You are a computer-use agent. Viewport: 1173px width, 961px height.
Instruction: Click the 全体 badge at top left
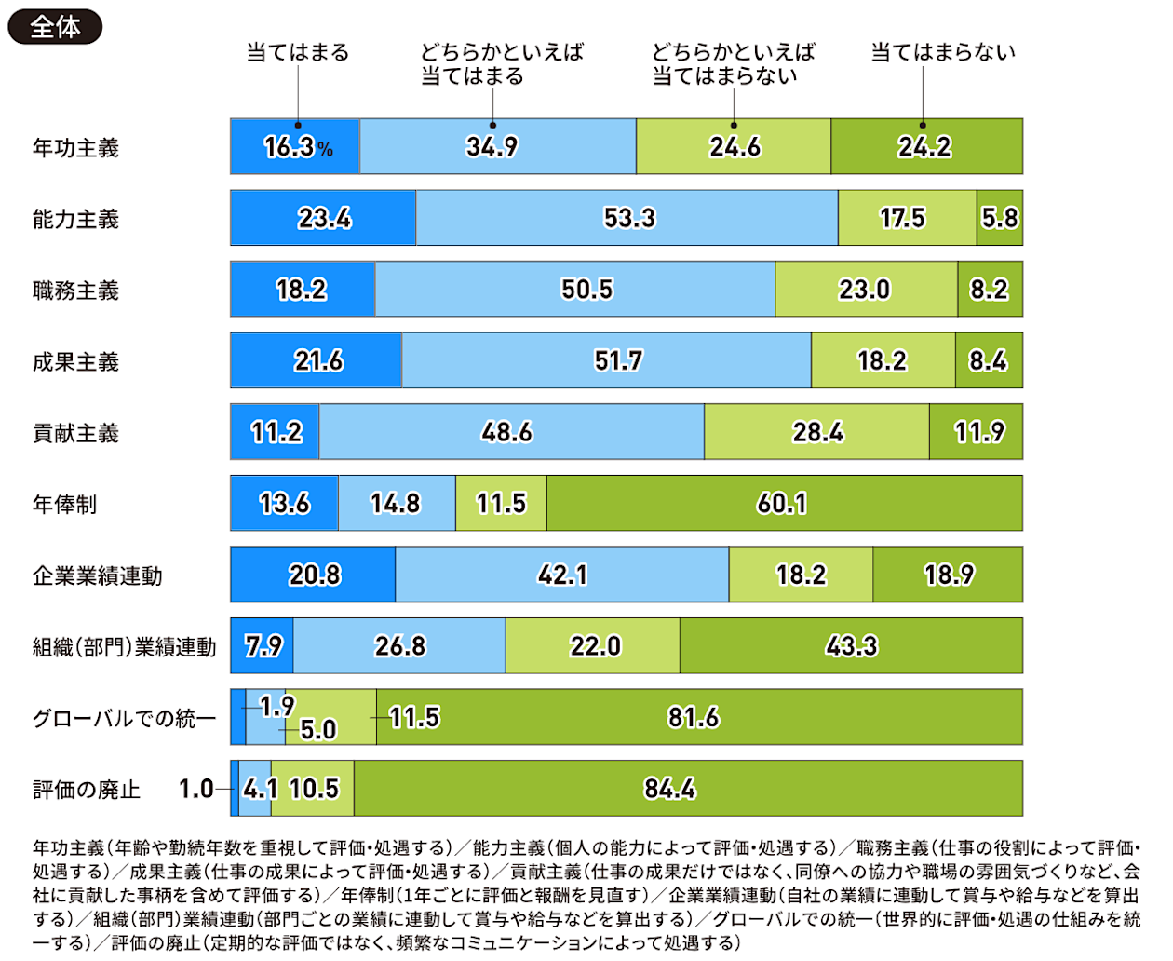point(55,27)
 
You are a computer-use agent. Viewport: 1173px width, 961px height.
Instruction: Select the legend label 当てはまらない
point(942,53)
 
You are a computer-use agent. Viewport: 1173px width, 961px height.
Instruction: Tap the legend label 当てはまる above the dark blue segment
point(297,53)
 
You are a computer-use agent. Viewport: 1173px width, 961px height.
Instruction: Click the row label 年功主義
point(75,147)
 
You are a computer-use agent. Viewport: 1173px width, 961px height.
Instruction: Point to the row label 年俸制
point(64,505)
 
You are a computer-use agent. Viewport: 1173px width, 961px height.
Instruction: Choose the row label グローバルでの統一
point(124,718)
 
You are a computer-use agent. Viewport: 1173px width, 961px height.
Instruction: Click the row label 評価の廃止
point(87,790)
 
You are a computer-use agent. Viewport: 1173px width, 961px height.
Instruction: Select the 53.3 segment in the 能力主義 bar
point(628,218)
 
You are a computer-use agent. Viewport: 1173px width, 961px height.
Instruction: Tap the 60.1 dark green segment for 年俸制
point(783,504)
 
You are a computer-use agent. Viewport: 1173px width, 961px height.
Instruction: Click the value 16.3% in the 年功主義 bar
point(297,147)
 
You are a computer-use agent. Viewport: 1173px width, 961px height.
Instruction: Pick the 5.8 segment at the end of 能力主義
point(1000,218)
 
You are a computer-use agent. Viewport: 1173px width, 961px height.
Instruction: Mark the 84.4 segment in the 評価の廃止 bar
point(687,789)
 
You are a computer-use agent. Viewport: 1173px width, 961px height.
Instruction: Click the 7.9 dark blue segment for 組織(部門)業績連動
point(263,646)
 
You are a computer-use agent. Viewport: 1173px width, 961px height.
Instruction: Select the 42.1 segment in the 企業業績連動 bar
point(562,575)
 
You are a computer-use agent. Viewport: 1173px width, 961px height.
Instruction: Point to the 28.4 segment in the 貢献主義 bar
point(817,432)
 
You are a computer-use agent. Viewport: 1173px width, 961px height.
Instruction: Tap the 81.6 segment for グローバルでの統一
point(698,717)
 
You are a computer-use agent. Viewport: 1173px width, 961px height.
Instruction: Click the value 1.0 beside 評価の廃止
point(196,789)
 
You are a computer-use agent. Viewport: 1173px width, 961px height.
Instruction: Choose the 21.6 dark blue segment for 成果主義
point(317,360)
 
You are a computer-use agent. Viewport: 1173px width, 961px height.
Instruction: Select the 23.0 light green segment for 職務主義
point(865,290)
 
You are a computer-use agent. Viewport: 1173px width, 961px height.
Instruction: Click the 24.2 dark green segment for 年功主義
point(925,147)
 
